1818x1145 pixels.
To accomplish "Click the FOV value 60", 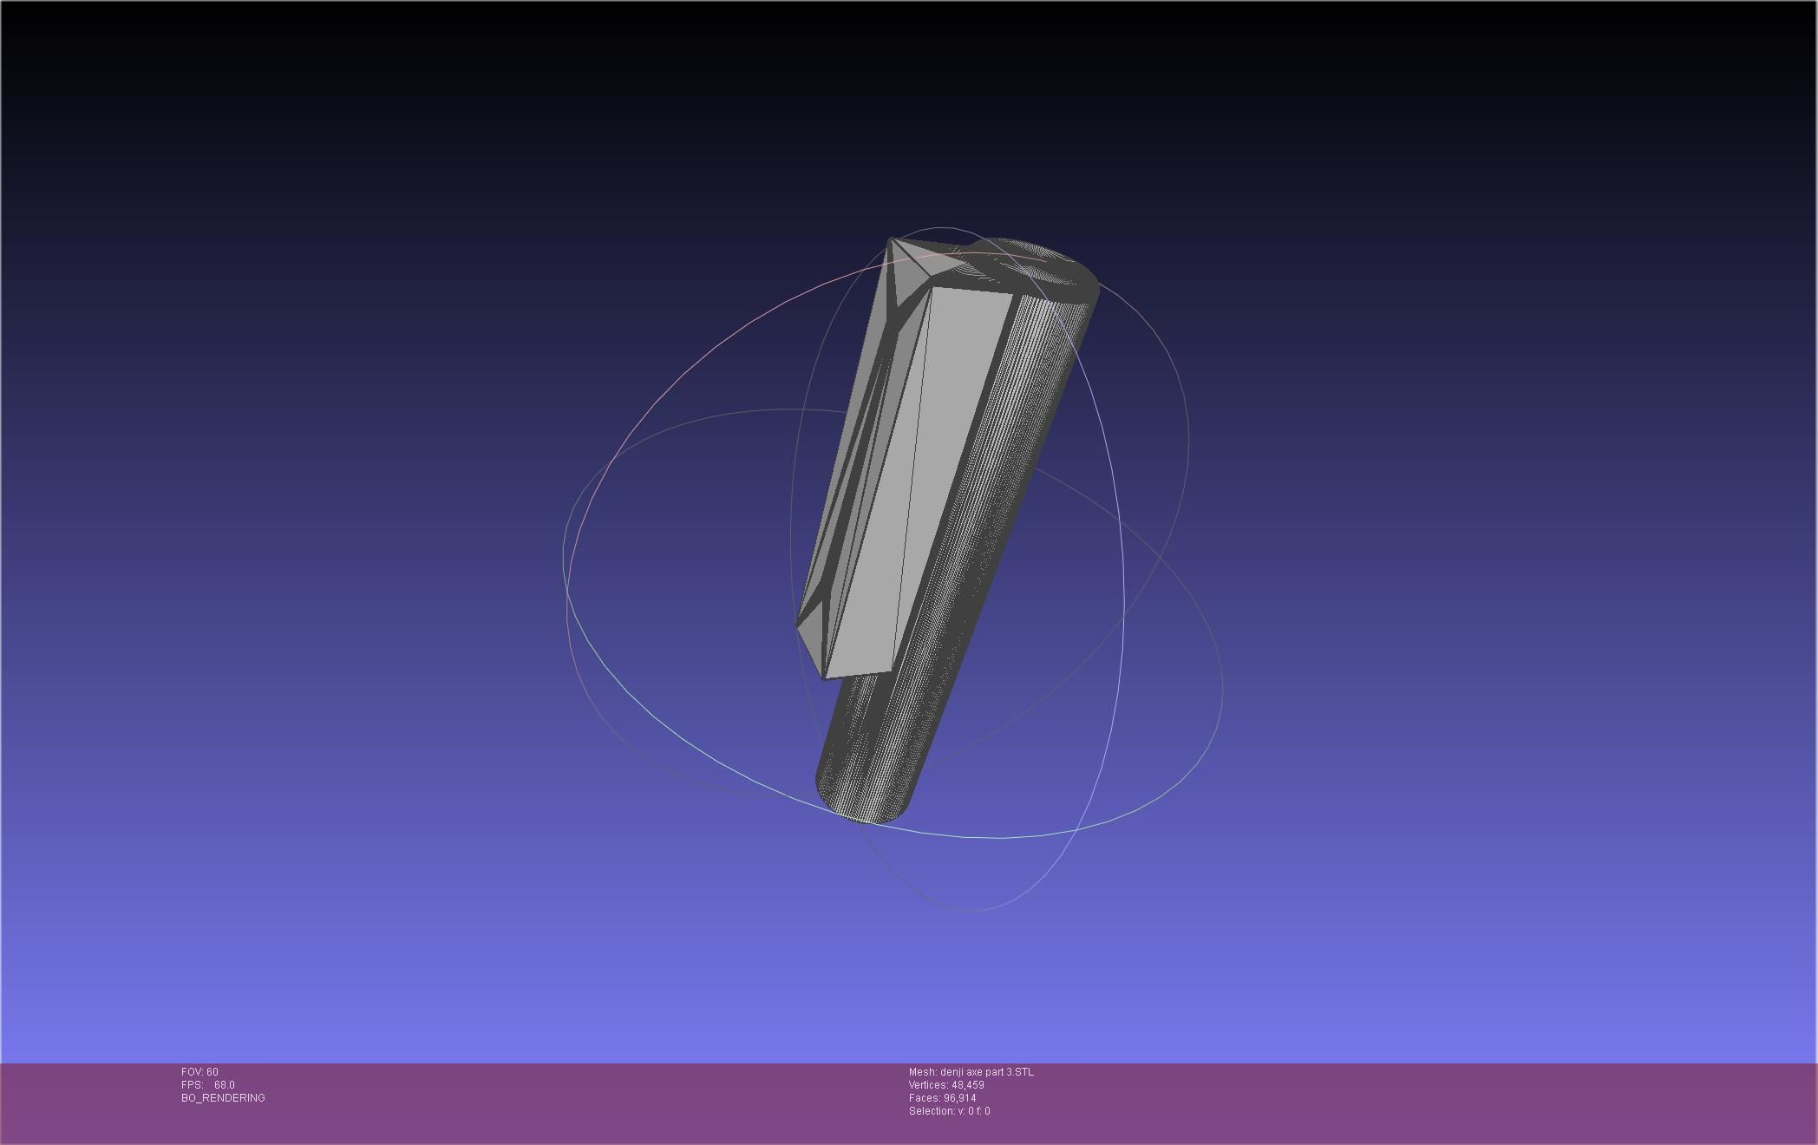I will click(213, 1072).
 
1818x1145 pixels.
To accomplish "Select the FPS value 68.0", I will click(224, 1085).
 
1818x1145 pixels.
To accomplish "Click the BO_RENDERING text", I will click(223, 1098).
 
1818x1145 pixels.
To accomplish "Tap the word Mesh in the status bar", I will click(922, 1072).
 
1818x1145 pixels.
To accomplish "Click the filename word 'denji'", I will click(952, 1072).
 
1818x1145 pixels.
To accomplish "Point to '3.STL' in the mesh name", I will click(1020, 1072).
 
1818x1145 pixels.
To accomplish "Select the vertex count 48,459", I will click(967, 1085).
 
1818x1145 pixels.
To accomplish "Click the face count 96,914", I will click(959, 1098).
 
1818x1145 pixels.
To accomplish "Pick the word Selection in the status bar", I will click(931, 1111).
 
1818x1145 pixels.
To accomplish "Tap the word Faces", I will click(924, 1098).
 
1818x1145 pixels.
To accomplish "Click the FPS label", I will click(192, 1085).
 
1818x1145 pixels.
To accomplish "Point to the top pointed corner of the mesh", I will click(890, 239).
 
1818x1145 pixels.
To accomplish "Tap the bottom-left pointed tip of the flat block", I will click(797, 625).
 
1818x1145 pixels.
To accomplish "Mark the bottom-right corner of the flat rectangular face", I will click(891, 670).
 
